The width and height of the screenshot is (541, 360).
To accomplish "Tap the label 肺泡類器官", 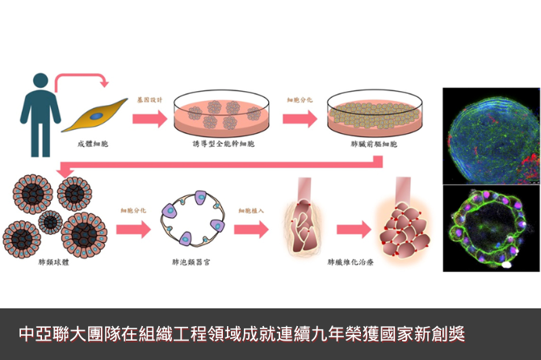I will [x=191, y=262].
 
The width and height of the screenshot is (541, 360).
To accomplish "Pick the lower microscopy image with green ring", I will [x=491, y=228].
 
